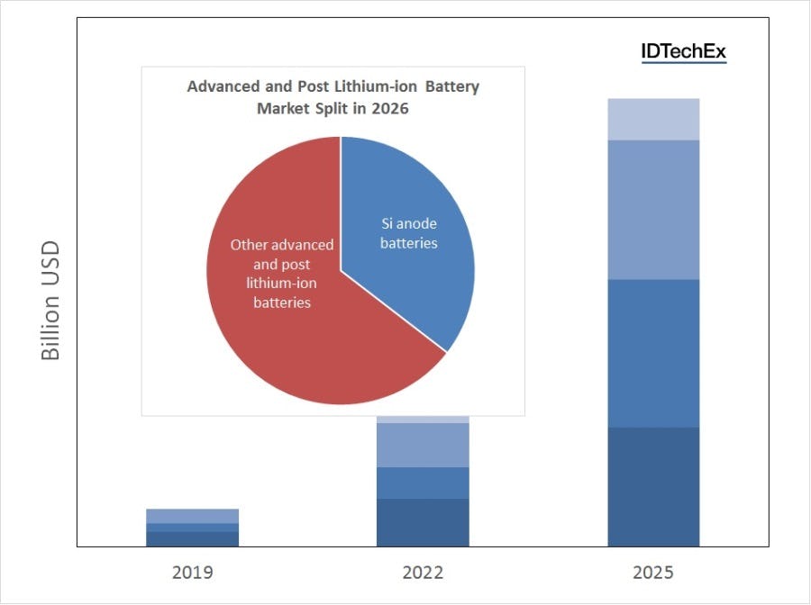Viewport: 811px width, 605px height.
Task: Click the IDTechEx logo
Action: [682, 52]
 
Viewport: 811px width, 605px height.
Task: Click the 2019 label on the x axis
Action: [192, 573]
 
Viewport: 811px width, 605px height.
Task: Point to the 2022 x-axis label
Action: [423, 573]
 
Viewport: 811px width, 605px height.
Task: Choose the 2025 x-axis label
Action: [653, 573]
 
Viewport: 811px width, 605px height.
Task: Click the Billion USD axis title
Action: [51, 301]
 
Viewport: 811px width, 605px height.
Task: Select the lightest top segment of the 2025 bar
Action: [653, 119]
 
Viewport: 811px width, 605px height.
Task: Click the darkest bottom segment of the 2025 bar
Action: [653, 486]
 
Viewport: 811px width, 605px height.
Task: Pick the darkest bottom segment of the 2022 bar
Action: [423, 522]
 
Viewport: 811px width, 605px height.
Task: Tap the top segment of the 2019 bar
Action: [192, 516]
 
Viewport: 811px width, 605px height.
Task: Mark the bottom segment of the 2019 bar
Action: [192, 538]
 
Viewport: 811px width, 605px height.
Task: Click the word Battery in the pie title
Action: [451, 87]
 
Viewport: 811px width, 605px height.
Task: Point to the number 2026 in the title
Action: [392, 108]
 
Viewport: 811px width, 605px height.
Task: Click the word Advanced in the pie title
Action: [222, 87]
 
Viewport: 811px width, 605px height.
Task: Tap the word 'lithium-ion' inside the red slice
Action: [282, 283]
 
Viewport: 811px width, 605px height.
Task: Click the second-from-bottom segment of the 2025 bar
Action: [653, 353]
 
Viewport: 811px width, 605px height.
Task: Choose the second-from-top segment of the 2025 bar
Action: [653, 210]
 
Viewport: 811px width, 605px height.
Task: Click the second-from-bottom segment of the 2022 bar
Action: [423, 483]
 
